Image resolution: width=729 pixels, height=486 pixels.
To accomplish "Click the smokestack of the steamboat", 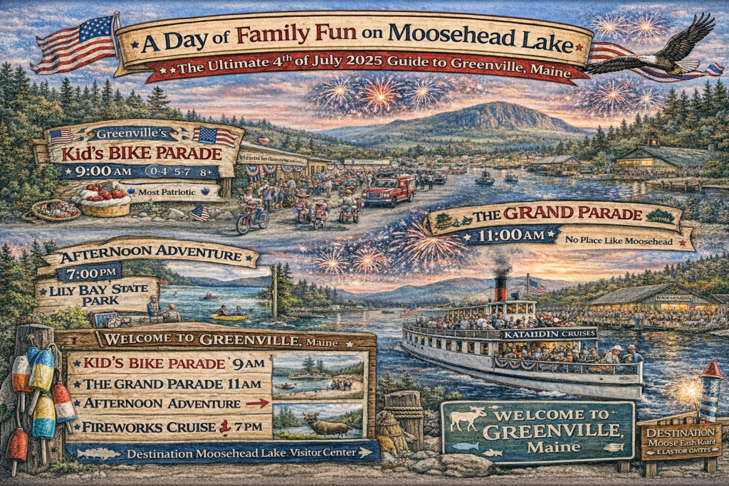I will [x=501, y=287].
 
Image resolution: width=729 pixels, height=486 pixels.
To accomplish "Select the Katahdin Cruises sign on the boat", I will [x=549, y=333].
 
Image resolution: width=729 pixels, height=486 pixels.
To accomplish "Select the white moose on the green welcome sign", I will [x=468, y=418].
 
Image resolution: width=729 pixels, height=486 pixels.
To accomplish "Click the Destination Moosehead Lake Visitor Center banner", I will [x=221, y=452].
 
